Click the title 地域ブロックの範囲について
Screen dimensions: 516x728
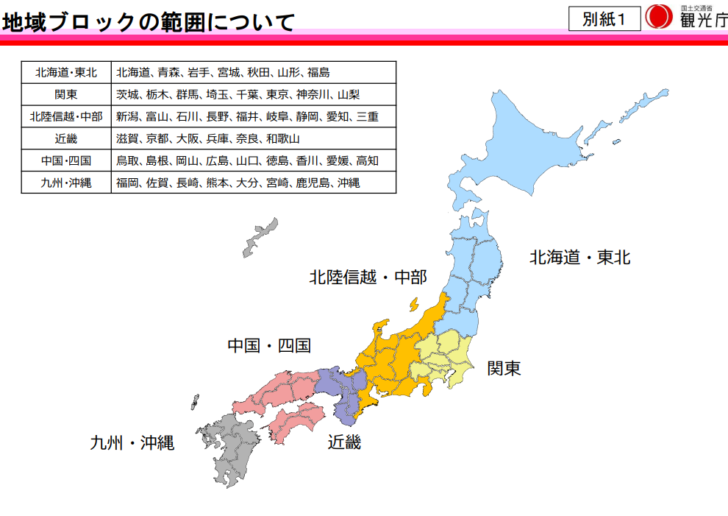(148, 22)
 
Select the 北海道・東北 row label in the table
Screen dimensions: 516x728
(66, 72)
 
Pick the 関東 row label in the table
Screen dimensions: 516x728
(66, 94)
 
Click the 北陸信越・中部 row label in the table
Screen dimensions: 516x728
(66, 116)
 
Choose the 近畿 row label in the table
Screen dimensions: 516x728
(66, 138)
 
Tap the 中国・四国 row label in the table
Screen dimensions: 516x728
(66, 160)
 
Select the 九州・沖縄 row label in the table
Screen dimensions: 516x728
(66, 183)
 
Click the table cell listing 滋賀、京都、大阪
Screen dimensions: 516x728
(253, 138)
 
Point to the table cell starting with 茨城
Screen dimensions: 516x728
(253, 94)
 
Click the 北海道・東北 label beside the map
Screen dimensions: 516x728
(580, 258)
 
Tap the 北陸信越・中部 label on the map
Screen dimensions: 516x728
(368, 278)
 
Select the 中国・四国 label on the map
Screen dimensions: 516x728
(269, 345)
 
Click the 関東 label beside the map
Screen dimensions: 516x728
(504, 368)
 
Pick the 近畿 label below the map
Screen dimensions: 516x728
(344, 442)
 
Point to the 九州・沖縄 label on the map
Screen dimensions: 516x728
(132, 443)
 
